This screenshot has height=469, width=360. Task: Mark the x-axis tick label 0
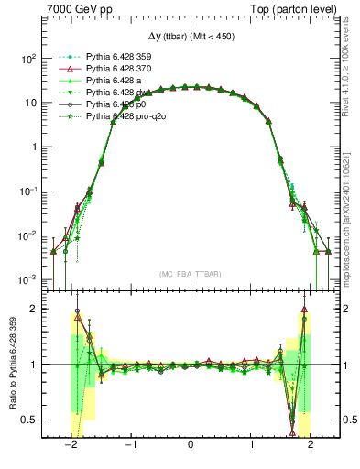(190, 446)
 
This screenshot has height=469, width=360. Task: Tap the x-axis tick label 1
(250, 446)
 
